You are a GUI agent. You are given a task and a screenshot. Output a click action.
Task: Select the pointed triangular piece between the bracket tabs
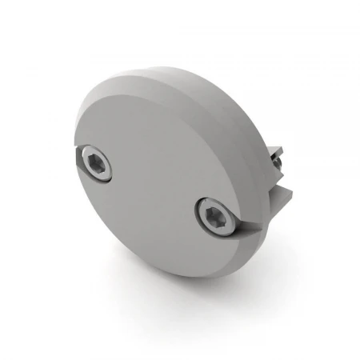pos(280,179)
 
